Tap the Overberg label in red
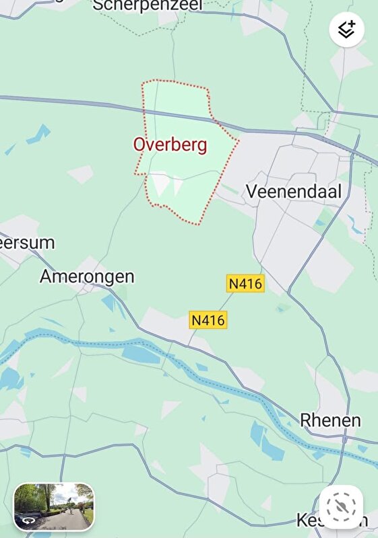coord(170,145)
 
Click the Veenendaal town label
coord(293,191)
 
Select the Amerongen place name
coord(87,276)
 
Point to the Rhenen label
coord(330,421)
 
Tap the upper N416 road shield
coord(246,284)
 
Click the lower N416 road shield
coord(208,320)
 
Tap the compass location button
coord(342,505)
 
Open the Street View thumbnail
coord(54,507)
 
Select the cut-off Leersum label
coord(27,243)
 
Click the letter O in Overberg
coord(139,145)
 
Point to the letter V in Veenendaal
coord(251,191)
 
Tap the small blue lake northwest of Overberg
coord(39,134)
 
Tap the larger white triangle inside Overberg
coord(160,184)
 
